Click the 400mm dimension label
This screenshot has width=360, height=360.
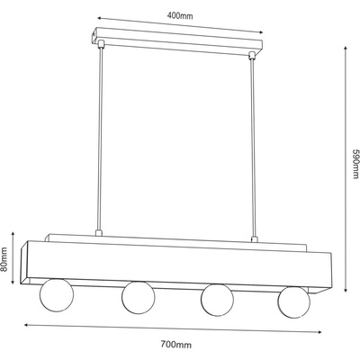180,15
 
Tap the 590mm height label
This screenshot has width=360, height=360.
355,164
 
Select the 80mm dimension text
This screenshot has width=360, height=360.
4,259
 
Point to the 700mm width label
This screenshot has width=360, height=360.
175,344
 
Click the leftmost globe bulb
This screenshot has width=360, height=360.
57,294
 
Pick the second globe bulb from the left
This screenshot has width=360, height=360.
139,297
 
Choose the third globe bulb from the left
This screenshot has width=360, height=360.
217,300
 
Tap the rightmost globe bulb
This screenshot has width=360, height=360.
293,302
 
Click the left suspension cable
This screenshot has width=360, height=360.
101,139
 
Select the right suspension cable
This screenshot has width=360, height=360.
253,148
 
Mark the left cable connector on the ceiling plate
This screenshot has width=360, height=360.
101,44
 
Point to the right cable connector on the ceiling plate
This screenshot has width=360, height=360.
252,56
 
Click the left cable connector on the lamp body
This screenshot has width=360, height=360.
98,233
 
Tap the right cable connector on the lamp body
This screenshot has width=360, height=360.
255,239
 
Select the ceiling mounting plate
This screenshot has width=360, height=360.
177,42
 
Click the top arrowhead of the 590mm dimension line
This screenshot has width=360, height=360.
346,49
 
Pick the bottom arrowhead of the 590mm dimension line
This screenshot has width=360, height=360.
346,289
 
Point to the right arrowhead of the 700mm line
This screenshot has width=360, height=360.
319,332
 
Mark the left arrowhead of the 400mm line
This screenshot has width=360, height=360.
100,18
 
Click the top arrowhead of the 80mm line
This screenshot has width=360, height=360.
13,235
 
